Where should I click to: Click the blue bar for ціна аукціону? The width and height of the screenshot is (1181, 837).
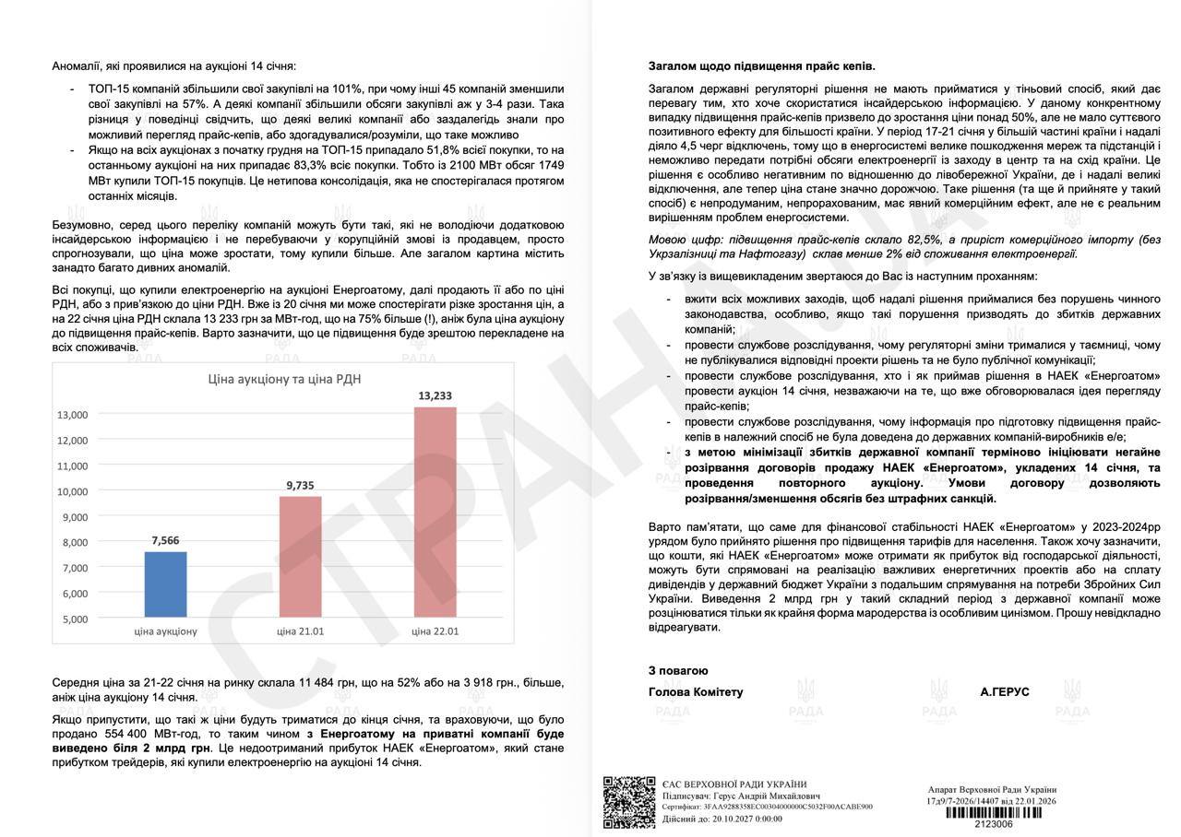click(165, 584)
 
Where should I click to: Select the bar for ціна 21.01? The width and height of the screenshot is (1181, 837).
click(300, 556)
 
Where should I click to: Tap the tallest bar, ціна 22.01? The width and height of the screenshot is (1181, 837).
click(435, 511)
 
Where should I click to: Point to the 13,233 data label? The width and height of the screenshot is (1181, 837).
click(435, 395)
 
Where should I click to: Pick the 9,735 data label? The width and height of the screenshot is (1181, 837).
click(300, 485)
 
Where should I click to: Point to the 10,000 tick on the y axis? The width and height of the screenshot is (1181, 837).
click(73, 491)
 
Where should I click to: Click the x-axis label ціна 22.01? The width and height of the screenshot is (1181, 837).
click(435, 631)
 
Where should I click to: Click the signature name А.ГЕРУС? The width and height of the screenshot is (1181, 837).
click(1005, 691)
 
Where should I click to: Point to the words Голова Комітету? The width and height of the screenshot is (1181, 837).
click(696, 691)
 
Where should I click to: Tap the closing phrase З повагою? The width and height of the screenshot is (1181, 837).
click(678, 671)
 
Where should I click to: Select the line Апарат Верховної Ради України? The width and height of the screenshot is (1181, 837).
click(992, 789)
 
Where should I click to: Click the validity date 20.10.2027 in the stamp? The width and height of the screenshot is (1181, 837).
click(734, 818)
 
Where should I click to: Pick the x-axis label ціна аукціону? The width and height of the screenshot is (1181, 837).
click(165, 631)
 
